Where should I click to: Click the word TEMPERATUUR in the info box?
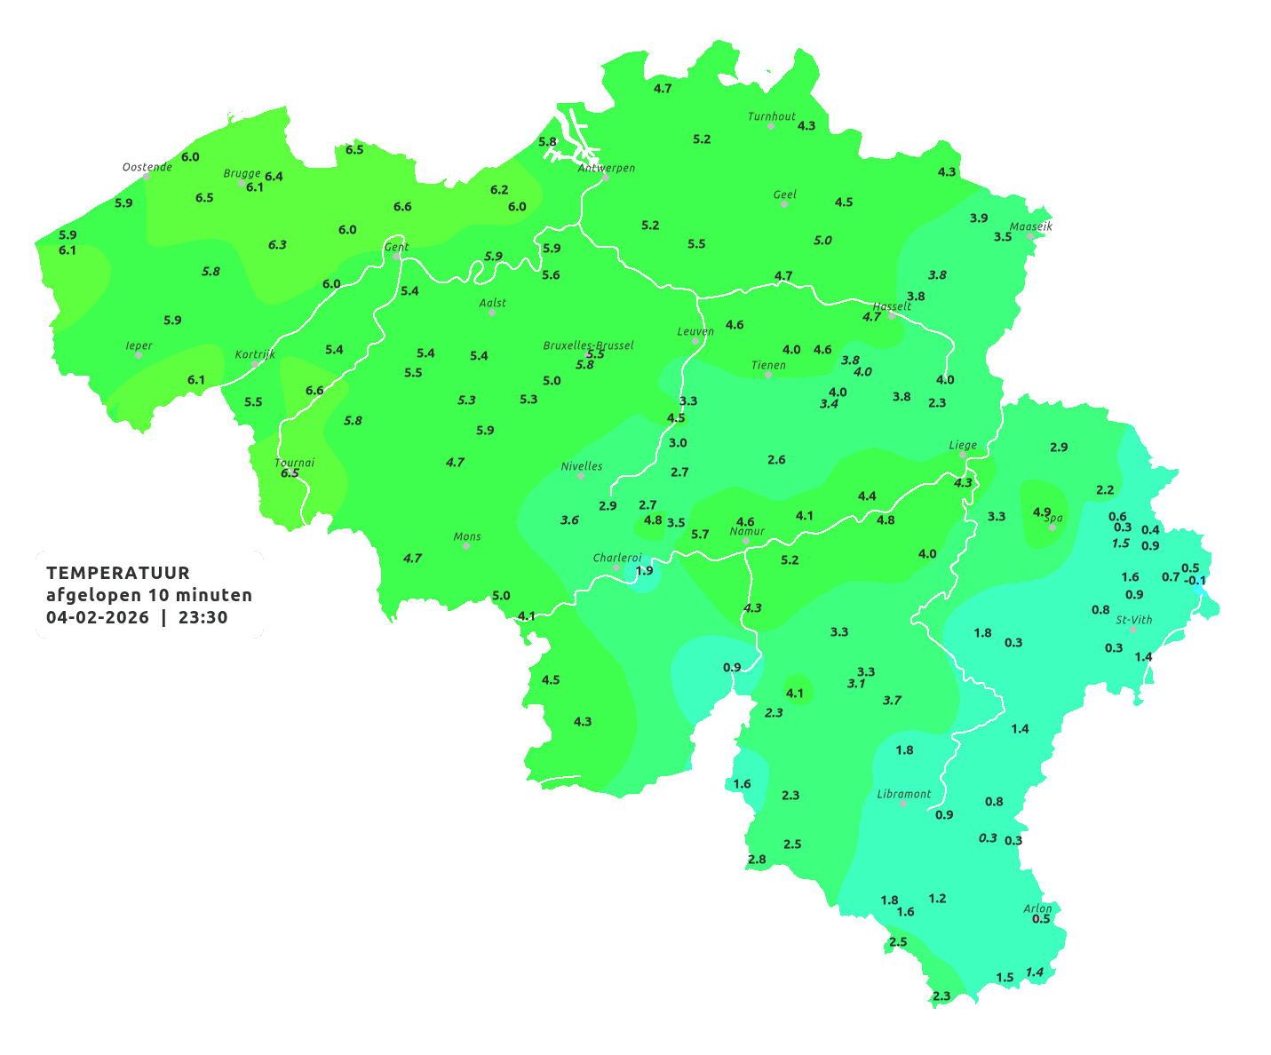click(118, 573)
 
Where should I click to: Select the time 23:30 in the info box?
click(203, 618)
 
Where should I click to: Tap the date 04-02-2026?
click(97, 618)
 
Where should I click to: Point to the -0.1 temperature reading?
click(1196, 582)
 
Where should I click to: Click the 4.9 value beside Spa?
click(1042, 512)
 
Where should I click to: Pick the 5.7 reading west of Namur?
click(700, 535)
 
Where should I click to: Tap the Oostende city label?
click(147, 167)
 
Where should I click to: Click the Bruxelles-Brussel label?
click(588, 345)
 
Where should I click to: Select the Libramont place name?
click(903, 794)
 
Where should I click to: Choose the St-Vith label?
click(1133, 620)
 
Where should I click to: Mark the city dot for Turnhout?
click(771, 126)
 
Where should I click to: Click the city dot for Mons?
click(466, 546)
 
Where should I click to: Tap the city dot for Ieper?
click(139, 355)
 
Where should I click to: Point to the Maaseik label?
click(1030, 226)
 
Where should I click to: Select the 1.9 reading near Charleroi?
click(644, 570)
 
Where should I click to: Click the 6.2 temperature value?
click(499, 190)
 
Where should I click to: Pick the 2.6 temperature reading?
click(776, 460)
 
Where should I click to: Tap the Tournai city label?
click(294, 463)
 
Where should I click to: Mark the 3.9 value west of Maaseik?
click(978, 218)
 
